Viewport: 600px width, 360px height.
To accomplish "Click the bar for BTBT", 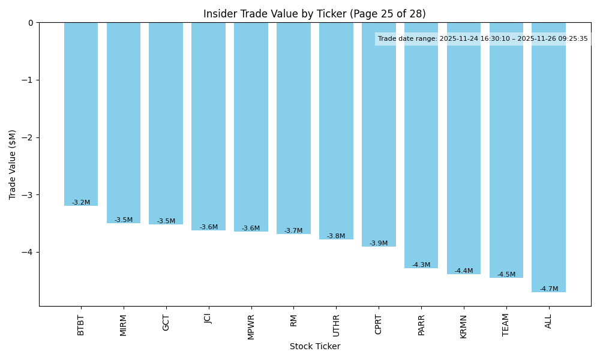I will click(81, 114).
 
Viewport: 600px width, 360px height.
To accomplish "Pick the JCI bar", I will click(208, 126).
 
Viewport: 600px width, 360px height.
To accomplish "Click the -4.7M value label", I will click(548, 289).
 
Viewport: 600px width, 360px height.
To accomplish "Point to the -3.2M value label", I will click(81, 203).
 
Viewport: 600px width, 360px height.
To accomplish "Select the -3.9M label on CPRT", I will click(379, 244).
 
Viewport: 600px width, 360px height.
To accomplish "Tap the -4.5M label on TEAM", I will click(506, 275).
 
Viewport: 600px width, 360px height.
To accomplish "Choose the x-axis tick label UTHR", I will click(336, 325).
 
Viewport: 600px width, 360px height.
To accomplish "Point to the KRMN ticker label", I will click(464, 326).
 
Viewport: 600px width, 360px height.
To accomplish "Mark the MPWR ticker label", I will click(251, 326).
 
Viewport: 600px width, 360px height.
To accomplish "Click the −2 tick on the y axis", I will click(29, 137).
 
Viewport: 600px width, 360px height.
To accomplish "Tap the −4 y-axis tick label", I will click(29, 252).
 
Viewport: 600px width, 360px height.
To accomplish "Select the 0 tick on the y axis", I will click(31, 23).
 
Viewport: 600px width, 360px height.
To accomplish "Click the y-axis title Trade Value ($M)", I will click(13, 164).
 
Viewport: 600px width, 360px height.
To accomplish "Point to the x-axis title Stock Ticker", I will click(315, 347).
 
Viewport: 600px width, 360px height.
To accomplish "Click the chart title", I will click(314, 14).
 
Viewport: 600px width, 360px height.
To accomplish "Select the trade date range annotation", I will click(483, 39).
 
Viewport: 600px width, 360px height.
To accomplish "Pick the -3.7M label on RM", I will click(293, 231).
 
